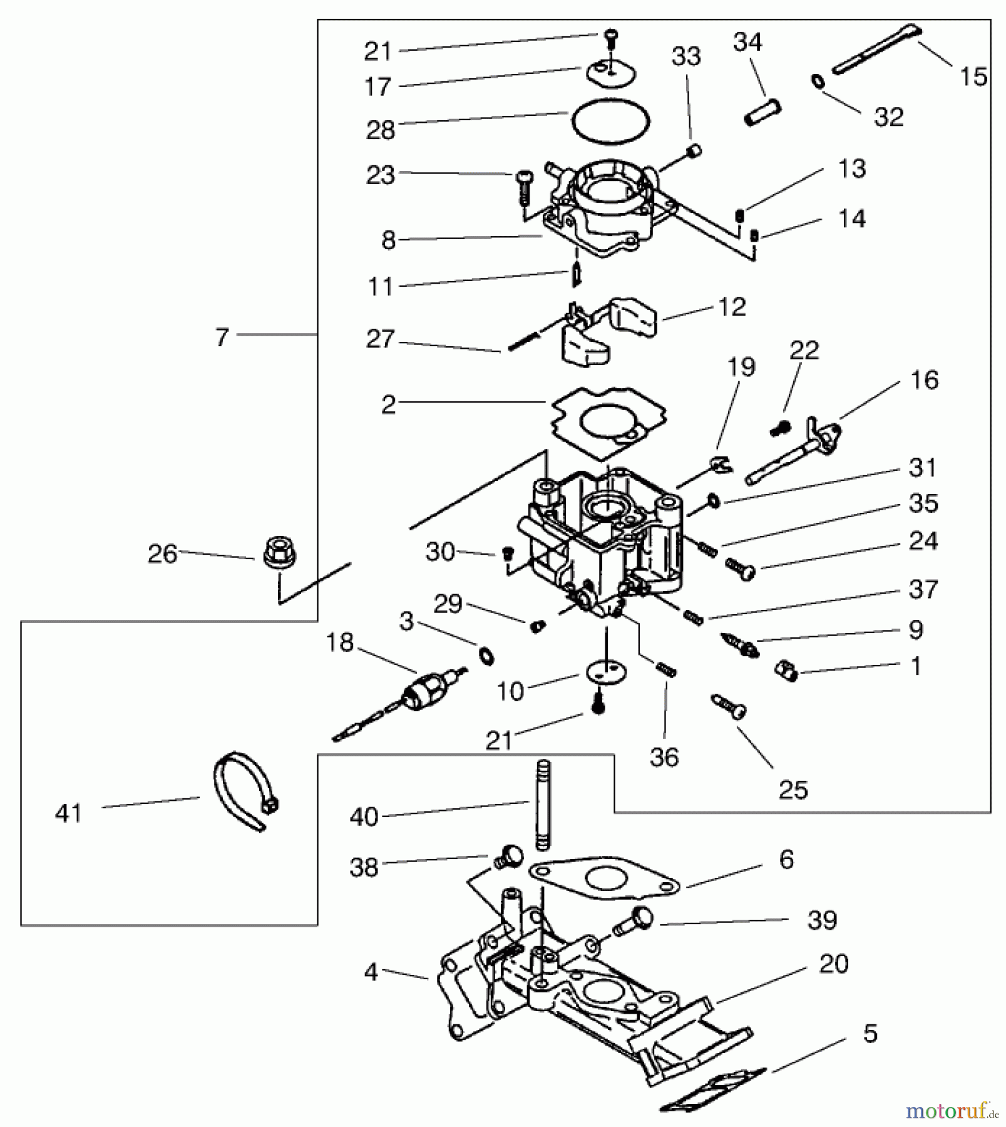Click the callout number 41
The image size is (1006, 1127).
pos(69,813)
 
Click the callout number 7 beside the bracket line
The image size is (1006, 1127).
pos(222,337)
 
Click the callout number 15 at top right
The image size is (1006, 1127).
pos(973,76)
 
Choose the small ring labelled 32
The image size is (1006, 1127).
pos(818,81)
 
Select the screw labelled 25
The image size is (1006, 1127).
pos(729,707)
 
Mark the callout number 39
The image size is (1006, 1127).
pos(822,920)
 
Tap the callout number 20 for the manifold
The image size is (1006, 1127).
pos(833,964)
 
